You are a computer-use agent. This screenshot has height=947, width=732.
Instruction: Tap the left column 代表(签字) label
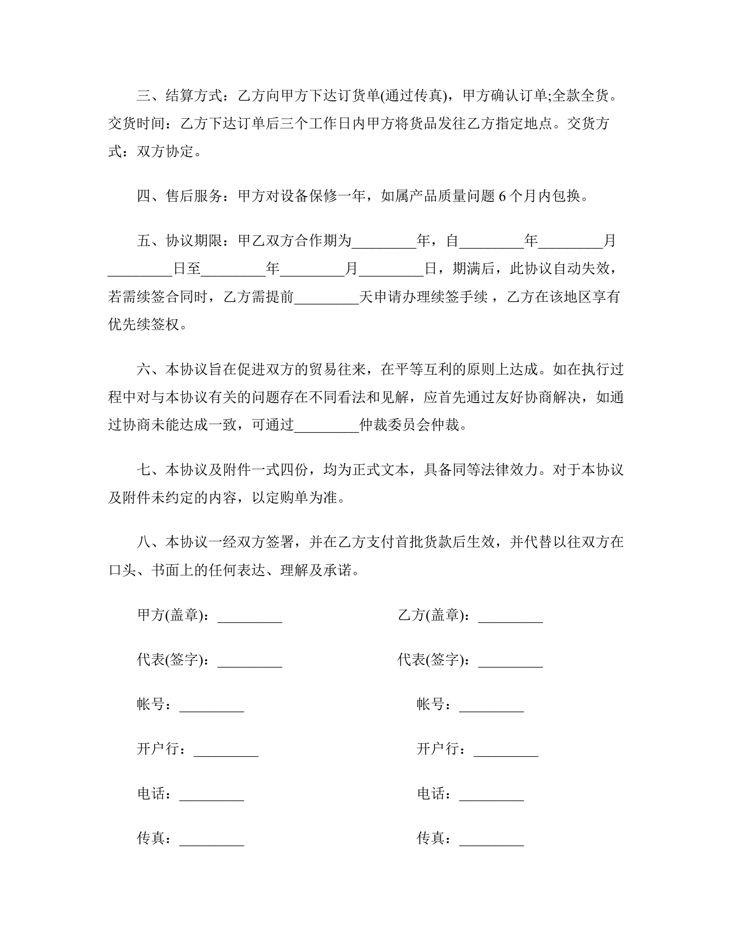point(170,660)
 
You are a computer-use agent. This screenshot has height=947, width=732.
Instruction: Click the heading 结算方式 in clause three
point(194,95)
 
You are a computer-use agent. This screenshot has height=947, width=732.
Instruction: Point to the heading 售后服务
point(194,196)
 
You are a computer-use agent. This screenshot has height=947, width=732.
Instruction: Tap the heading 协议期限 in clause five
point(194,241)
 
